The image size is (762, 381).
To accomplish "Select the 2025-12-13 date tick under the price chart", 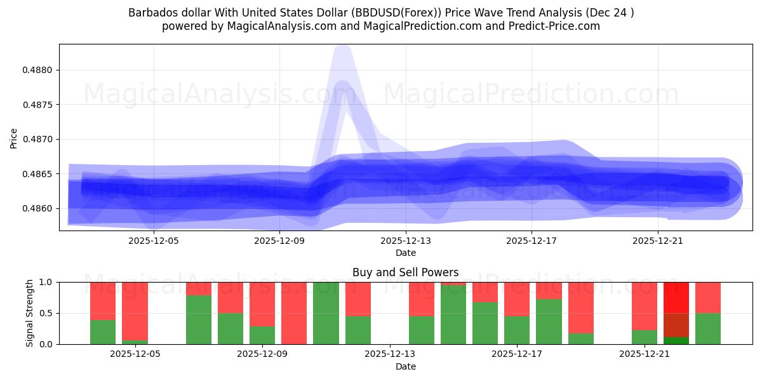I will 405,241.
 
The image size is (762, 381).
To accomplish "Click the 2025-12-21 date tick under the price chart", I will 657,241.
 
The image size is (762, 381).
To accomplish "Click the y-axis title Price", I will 14,138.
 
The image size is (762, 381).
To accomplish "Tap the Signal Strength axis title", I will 30,313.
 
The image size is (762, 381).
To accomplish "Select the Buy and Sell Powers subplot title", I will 405,272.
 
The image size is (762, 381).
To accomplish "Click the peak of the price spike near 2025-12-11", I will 342,51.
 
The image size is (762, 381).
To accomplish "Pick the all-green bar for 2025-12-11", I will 326,313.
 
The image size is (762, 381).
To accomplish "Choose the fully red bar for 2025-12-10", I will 294,313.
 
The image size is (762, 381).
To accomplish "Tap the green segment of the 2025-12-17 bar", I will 517,330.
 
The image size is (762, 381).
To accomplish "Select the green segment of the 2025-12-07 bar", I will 198,319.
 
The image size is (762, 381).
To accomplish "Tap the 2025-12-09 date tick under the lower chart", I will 262,354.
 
